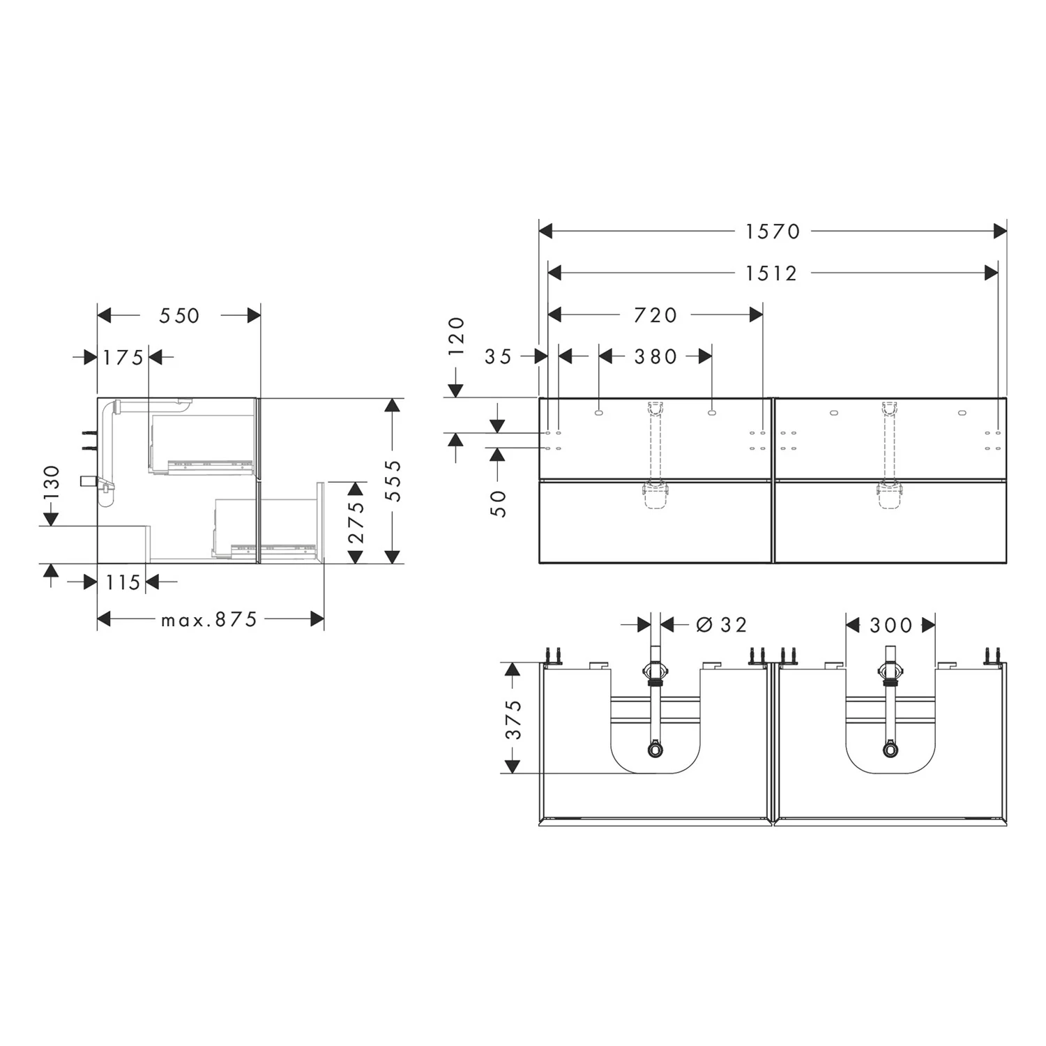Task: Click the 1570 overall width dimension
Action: tap(773, 232)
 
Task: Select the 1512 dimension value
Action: tap(771, 273)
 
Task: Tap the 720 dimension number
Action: tap(655, 315)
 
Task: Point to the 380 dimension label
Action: tap(655, 357)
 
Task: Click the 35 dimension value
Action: tap(499, 357)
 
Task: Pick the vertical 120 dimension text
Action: tap(456, 336)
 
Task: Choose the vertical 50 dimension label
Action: tap(499, 503)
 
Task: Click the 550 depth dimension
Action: tap(179, 316)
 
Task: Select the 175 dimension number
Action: tap(123, 358)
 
